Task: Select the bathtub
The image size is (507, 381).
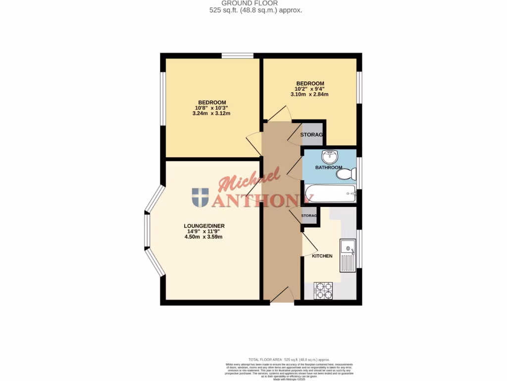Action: click(x=330, y=193)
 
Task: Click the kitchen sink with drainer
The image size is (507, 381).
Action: click(x=348, y=255)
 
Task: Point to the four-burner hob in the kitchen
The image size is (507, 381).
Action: click(x=324, y=290)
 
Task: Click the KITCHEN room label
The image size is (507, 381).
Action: click(x=322, y=256)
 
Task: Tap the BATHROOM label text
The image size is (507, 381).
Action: click(x=329, y=168)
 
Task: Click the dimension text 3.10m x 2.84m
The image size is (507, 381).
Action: click(x=310, y=94)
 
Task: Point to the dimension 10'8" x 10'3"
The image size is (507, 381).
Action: click(x=211, y=108)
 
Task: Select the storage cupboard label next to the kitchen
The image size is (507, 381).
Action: click(x=309, y=216)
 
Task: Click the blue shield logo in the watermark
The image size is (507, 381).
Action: click(x=200, y=197)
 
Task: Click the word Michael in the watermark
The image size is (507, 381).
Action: click(x=249, y=181)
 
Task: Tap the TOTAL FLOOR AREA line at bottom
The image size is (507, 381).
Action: click(x=288, y=359)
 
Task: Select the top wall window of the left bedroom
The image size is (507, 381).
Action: click(x=237, y=56)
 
